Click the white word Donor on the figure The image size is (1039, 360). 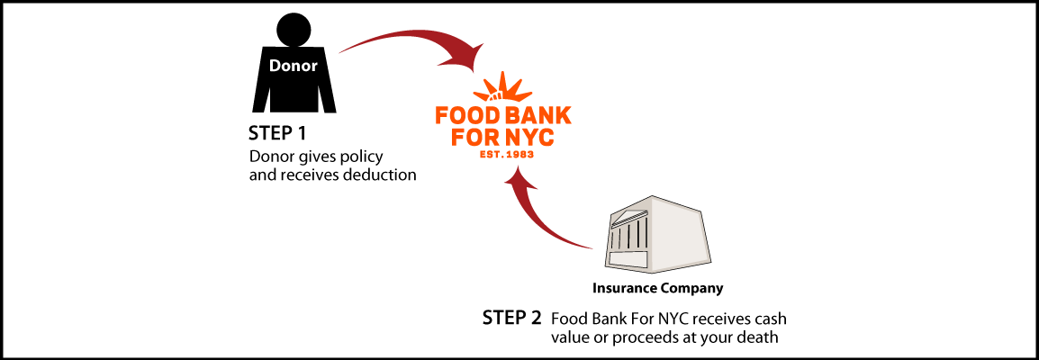pyautogui.click(x=294, y=66)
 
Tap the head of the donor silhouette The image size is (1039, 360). pyautogui.click(x=294, y=30)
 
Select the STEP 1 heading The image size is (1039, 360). pyautogui.click(x=277, y=133)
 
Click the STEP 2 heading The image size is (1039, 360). pyautogui.click(x=511, y=319)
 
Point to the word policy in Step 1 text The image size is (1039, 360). pyautogui.click(x=366, y=158)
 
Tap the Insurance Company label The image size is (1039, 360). pyautogui.click(x=657, y=289)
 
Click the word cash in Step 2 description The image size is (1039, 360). pyautogui.click(x=772, y=319)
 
